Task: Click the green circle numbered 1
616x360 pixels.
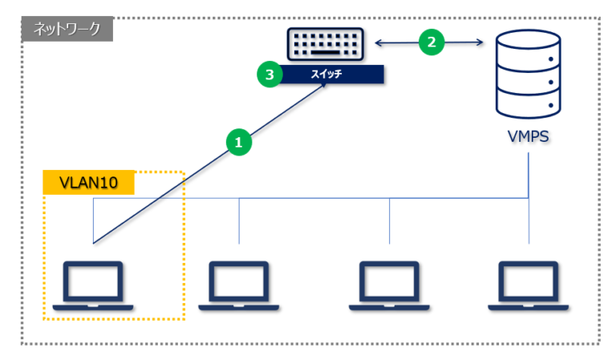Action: tap(237, 143)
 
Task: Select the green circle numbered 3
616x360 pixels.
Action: tap(270, 75)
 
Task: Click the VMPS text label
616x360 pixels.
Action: tap(528, 136)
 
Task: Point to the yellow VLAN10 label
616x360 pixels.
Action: tap(88, 183)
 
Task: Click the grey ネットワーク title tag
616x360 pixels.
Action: tap(67, 30)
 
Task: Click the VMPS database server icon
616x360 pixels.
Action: tap(528, 73)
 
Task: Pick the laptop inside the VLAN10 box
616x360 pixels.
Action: tap(94, 285)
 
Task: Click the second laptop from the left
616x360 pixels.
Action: tap(239, 285)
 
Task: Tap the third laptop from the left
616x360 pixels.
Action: tap(390, 285)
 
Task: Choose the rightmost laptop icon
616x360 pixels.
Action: tap(528, 285)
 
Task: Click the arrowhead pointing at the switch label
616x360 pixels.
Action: tap(329, 87)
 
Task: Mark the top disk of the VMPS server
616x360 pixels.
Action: tap(528, 43)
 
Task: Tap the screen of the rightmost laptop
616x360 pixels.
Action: tap(528, 280)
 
